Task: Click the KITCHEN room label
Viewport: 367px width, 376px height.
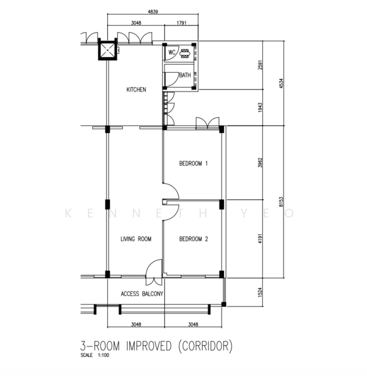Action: coord(136,90)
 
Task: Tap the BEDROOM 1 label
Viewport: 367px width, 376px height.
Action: coord(193,164)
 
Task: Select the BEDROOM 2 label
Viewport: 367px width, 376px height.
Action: coord(194,239)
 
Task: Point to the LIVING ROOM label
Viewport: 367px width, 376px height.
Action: coord(136,239)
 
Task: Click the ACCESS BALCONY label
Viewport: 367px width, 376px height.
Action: coord(142,294)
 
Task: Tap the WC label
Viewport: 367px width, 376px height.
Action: coord(172,52)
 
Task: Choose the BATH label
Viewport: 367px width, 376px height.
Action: coord(185,75)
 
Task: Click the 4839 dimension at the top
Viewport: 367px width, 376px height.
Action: coord(153,11)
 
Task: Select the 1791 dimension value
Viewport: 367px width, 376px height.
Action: coord(181,23)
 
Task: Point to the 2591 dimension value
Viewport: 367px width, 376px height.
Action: coord(260,65)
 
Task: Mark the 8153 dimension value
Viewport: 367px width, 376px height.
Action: coord(281,202)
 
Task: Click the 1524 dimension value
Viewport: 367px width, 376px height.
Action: coord(260,292)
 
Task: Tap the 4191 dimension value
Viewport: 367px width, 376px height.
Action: coord(260,239)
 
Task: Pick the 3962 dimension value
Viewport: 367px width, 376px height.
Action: coord(260,162)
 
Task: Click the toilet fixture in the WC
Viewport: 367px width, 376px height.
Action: coord(185,53)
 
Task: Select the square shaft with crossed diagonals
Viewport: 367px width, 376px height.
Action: coord(107,50)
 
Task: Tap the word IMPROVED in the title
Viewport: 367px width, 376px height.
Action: coord(149,346)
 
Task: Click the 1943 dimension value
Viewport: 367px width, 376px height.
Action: coord(260,108)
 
